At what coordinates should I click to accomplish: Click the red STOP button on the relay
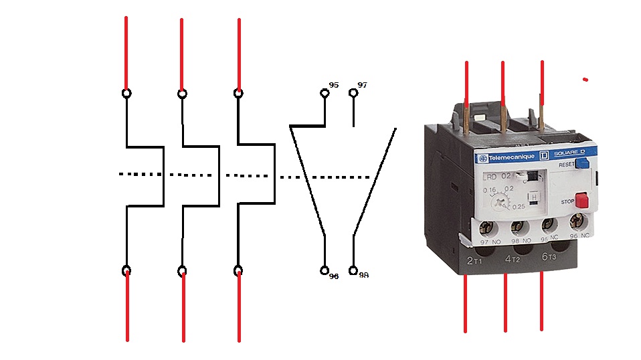pos(581,200)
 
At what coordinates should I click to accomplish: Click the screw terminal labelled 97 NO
pos(487,226)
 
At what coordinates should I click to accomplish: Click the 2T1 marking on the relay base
pos(474,259)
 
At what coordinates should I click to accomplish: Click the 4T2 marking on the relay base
pos(512,258)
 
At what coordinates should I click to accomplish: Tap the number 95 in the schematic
pos(334,86)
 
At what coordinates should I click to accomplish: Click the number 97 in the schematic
pos(362,86)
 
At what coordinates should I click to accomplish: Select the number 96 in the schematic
pos(333,276)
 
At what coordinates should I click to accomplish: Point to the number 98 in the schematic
pos(363,275)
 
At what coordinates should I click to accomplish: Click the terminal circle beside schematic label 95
pos(325,93)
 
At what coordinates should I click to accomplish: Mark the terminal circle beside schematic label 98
pos(353,270)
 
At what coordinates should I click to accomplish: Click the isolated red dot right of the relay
pos(585,80)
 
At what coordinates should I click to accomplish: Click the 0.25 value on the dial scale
pos(519,207)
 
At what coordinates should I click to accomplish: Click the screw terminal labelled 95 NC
pos(548,223)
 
